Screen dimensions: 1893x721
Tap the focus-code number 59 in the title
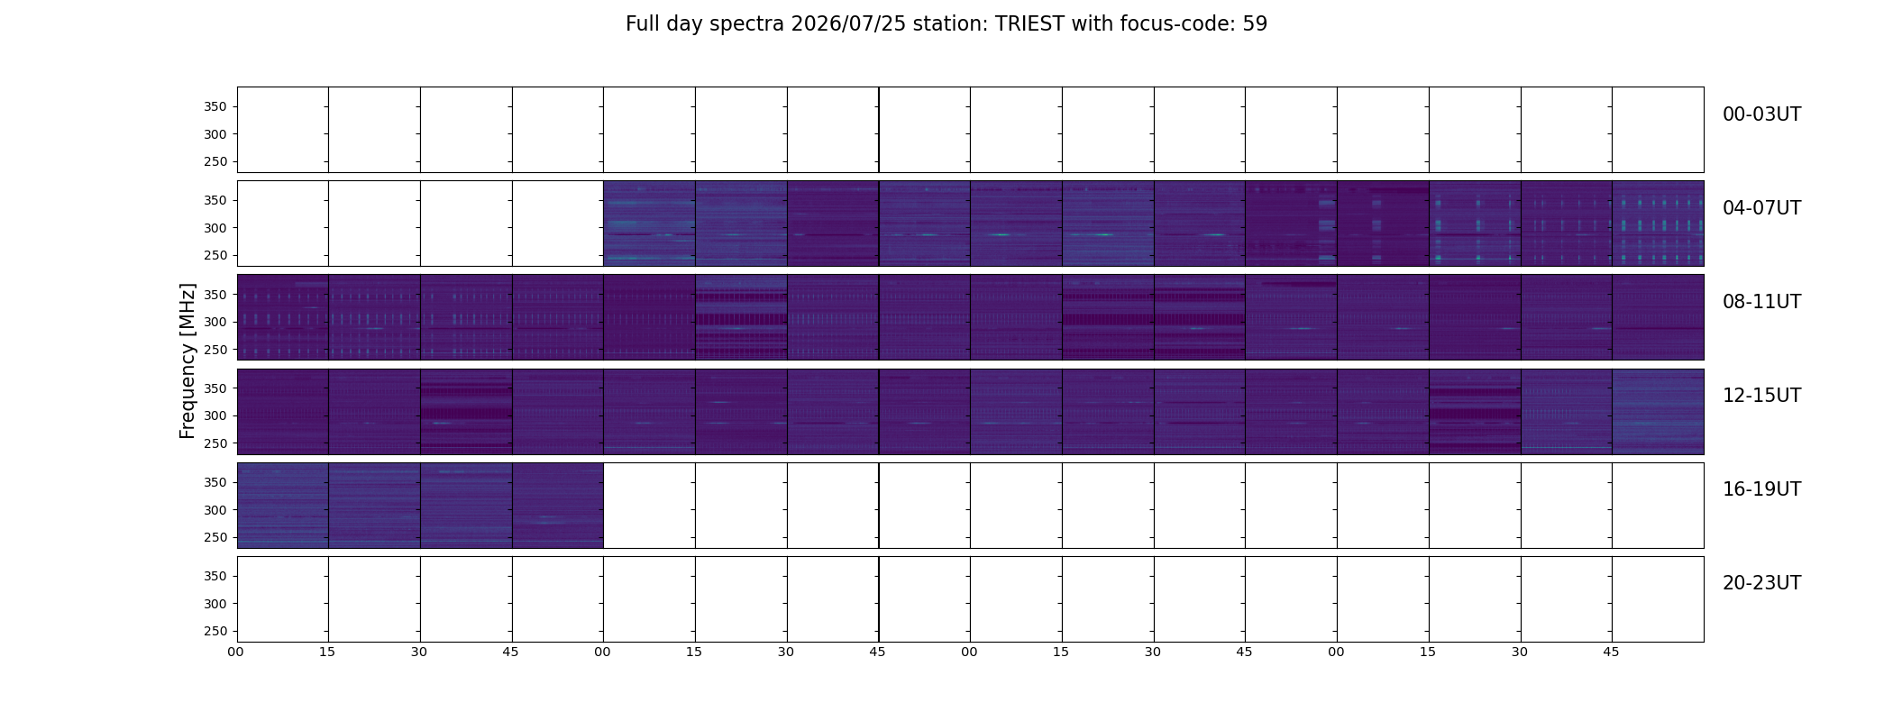pyautogui.click(x=1255, y=24)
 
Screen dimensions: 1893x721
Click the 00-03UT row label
pyautogui.click(x=1761, y=114)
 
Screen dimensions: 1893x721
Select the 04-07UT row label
pyautogui.click(x=1761, y=208)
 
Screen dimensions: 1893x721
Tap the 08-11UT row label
pyautogui.click(x=1761, y=302)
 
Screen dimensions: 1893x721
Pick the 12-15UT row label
pyautogui.click(x=1761, y=396)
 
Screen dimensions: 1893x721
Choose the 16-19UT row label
pyautogui.click(x=1761, y=489)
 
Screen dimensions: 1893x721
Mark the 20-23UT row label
pyautogui.click(x=1761, y=583)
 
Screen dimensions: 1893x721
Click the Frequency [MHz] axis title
pyautogui.click(x=187, y=360)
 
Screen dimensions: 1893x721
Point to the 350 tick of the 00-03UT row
pyautogui.click(x=215, y=106)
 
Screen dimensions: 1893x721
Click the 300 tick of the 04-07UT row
pyautogui.click(x=215, y=228)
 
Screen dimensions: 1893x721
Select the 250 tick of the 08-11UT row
pyautogui.click(x=215, y=350)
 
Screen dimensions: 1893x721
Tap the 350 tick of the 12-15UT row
pyautogui.click(x=215, y=388)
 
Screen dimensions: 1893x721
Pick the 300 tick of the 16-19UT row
pyautogui.click(x=215, y=510)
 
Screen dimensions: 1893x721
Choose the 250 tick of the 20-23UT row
pyautogui.click(x=215, y=632)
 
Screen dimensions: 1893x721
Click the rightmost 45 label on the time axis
pyautogui.click(x=1611, y=652)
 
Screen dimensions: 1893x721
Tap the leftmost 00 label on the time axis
pyautogui.click(x=235, y=652)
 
